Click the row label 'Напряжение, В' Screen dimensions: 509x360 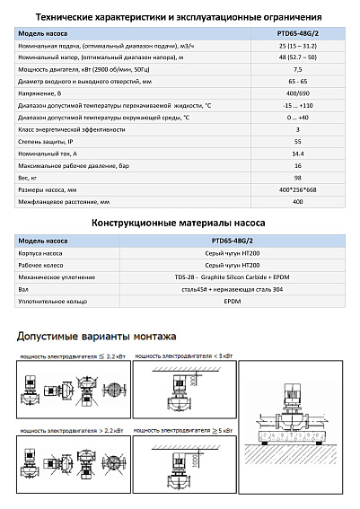(x=44, y=93)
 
